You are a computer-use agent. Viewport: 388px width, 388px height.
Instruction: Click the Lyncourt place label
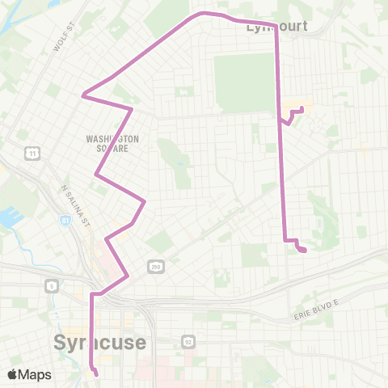[x=276, y=26]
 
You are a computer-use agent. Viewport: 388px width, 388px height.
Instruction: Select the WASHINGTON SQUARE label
[x=112, y=143]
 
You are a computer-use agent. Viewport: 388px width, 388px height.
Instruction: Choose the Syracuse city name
[x=100, y=343]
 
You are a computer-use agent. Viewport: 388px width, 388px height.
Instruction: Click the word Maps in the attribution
[x=36, y=374]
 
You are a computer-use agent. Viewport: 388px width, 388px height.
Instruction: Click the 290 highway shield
[x=153, y=266]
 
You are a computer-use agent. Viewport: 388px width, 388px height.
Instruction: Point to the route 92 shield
[x=187, y=341]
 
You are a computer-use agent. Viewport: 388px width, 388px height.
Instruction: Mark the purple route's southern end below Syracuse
[x=96, y=374]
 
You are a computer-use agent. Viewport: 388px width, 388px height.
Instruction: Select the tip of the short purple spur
[x=302, y=108]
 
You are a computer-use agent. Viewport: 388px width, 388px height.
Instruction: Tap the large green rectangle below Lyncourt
[x=243, y=83]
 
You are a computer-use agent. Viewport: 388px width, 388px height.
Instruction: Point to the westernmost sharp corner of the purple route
[x=82, y=95]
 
